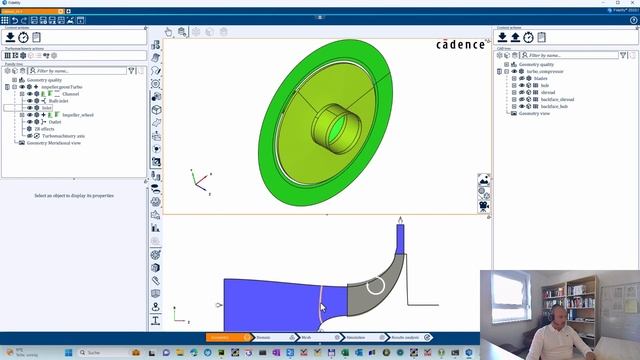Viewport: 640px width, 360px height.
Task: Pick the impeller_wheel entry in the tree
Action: pyautogui.click(x=77, y=115)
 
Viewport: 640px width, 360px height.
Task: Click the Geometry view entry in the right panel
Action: pyautogui.click(x=533, y=114)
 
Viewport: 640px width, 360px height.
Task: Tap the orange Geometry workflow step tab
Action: pyautogui.click(x=220, y=338)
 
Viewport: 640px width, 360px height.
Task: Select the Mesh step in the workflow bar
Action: pyautogui.click(x=306, y=338)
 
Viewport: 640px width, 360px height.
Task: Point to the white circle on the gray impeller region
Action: pyautogui.click(x=375, y=287)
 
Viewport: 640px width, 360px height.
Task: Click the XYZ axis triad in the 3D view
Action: pyautogui.click(x=201, y=183)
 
